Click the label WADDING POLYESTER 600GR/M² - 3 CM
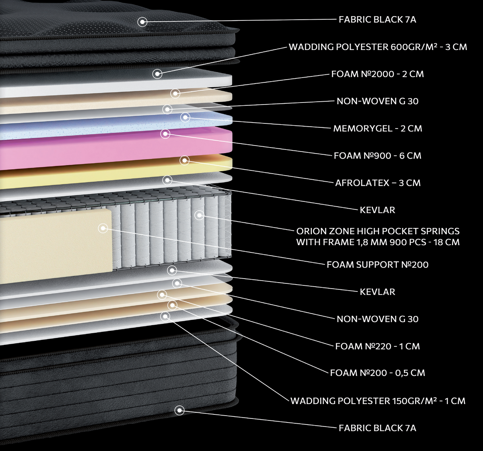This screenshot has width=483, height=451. click(378, 47)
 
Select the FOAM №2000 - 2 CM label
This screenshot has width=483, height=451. click(378, 74)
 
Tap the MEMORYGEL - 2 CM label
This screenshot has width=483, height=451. click(378, 129)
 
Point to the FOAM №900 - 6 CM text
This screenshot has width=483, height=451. click(378, 156)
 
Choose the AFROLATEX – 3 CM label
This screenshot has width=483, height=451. click(378, 183)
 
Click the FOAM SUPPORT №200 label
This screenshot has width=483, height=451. click(378, 264)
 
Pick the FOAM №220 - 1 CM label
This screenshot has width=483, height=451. click(378, 346)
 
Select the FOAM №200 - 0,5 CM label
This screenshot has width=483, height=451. click(378, 373)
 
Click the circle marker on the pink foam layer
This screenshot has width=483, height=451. click(165, 133)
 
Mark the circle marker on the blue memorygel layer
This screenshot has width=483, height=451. click(185, 118)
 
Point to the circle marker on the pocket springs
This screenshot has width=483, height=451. click(199, 215)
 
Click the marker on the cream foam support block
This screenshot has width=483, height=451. click(103, 228)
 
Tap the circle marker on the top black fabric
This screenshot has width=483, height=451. click(142, 22)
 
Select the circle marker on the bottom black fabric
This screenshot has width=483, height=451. click(180, 411)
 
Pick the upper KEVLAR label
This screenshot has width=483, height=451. click(378, 210)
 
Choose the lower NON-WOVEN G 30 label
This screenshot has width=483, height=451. click(378, 319)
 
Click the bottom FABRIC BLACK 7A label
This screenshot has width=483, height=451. click(378, 428)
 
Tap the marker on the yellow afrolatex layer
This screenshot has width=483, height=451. click(185, 160)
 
